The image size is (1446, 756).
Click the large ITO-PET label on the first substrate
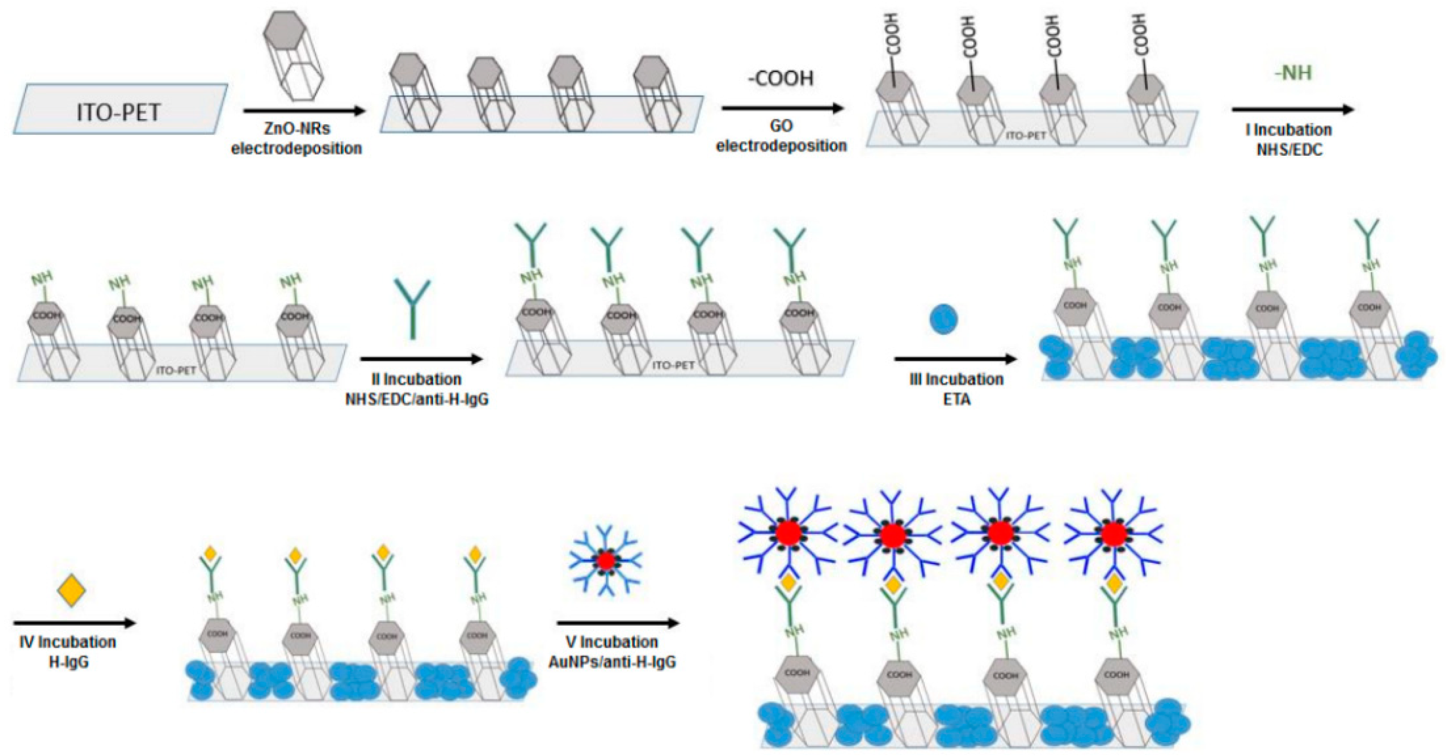click(x=119, y=112)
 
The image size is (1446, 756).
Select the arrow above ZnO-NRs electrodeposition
click(x=304, y=112)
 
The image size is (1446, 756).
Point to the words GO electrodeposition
click(x=781, y=136)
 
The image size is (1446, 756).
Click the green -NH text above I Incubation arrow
click(x=1293, y=73)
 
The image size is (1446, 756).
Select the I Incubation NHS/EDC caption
click(x=1289, y=140)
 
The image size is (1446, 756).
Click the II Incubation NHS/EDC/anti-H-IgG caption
click(x=417, y=389)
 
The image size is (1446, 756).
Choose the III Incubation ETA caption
click(x=956, y=389)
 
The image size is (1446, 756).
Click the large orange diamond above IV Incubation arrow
click(x=72, y=590)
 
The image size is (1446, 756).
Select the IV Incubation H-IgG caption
click(x=68, y=651)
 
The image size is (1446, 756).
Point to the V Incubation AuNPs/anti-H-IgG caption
click(x=612, y=651)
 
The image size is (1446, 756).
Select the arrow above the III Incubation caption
click(x=955, y=360)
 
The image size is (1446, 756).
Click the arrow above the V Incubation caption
click(x=618, y=623)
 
